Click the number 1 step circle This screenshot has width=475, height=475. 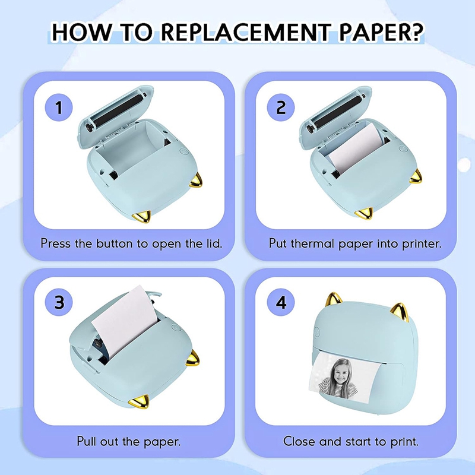tap(59, 108)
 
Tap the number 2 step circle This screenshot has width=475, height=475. tap(281, 107)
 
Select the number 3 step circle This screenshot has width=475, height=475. tap(59, 302)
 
